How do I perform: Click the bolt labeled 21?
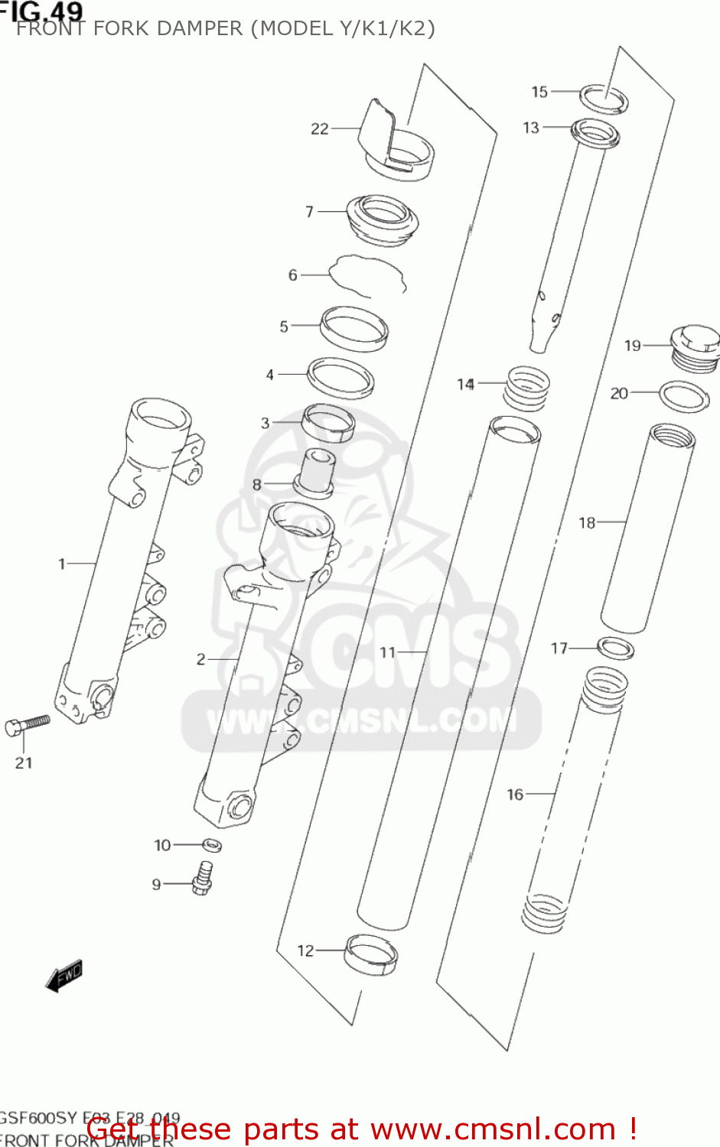click(x=27, y=724)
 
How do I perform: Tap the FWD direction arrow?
click(x=64, y=976)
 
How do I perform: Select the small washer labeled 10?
click(x=212, y=845)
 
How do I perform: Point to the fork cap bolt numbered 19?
click(x=696, y=347)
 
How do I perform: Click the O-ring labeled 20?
click(x=683, y=397)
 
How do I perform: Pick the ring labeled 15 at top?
click(x=604, y=99)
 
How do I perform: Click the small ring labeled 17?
click(x=615, y=648)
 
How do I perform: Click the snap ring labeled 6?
click(x=366, y=276)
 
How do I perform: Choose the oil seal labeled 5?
click(x=353, y=329)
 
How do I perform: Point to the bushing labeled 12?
click(x=371, y=954)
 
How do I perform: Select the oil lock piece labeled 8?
click(x=316, y=473)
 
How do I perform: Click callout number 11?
click(x=388, y=652)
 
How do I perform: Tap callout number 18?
click(x=586, y=523)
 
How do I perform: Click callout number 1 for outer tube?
click(x=62, y=564)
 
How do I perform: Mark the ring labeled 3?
click(x=329, y=424)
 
